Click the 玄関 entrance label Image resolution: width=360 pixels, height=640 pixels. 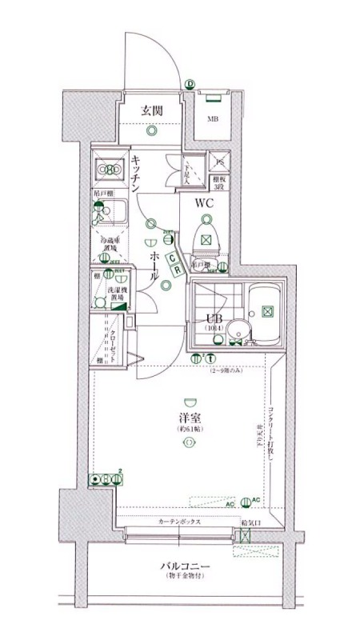coord(152,110)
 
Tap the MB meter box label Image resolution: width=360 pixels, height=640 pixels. coord(213,119)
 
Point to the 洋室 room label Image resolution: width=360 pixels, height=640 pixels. coord(189,418)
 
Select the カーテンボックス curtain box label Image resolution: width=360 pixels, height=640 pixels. coord(178,522)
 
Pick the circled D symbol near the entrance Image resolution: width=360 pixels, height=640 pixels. coord(190,84)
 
